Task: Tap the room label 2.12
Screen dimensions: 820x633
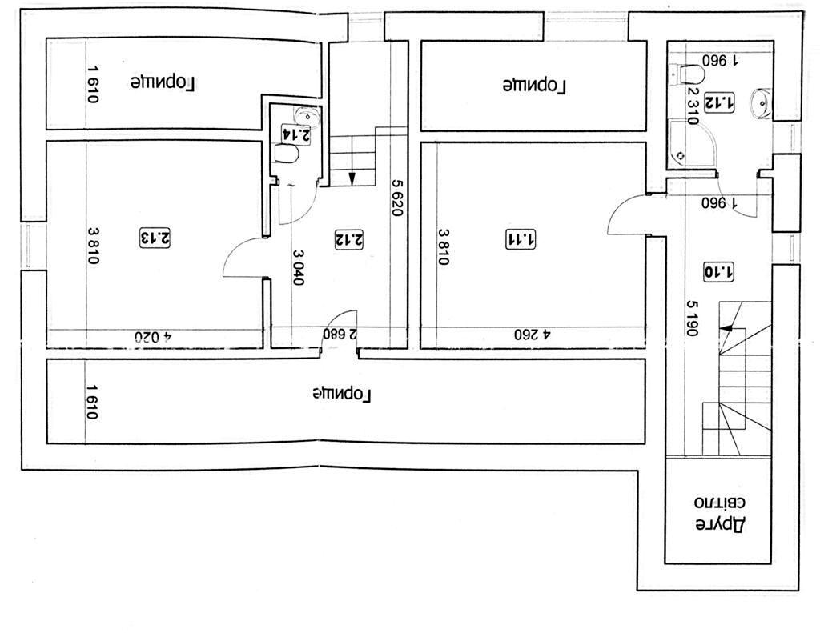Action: pyautogui.click(x=349, y=240)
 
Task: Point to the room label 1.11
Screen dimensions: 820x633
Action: pyautogui.click(x=521, y=240)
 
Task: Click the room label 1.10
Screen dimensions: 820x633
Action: pyautogui.click(x=718, y=272)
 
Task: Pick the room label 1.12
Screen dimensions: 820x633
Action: pyautogui.click(x=719, y=102)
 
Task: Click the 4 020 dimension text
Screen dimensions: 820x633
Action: pyautogui.click(x=153, y=337)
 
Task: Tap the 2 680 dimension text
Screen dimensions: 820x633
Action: pyautogui.click(x=340, y=334)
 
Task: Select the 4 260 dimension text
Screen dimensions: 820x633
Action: pyautogui.click(x=533, y=334)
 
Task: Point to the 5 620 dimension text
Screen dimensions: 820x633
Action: pyautogui.click(x=398, y=198)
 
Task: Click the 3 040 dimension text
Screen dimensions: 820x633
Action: pyautogui.click(x=298, y=267)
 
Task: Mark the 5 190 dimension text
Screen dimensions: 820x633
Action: pyautogui.click(x=693, y=319)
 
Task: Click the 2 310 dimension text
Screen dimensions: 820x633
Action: pyautogui.click(x=693, y=106)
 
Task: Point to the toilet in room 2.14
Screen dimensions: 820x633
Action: pyautogui.click(x=287, y=154)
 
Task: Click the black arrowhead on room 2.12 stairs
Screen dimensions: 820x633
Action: pyautogui.click(x=352, y=178)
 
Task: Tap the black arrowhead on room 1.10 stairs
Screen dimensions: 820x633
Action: pyautogui.click(x=726, y=328)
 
